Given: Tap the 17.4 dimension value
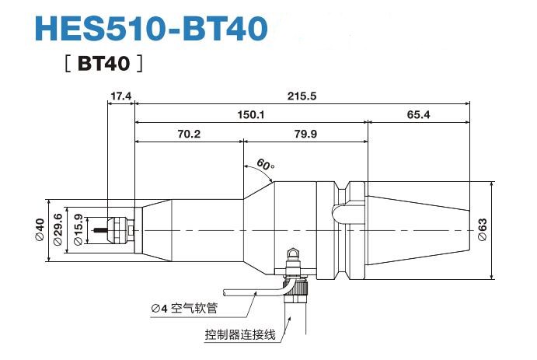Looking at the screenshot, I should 120,96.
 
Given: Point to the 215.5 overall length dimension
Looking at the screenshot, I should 302,96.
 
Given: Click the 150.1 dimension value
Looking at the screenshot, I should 250,115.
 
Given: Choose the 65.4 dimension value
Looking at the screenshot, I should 417,115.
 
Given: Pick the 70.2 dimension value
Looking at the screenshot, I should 189,135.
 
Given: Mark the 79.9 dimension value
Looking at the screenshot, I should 305,135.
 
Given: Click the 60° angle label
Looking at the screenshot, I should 265,166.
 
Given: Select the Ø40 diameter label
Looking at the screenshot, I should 40,231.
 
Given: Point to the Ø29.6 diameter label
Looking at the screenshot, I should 58,231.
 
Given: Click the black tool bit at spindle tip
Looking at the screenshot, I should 99,231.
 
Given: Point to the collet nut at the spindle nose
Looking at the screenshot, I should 119,230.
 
